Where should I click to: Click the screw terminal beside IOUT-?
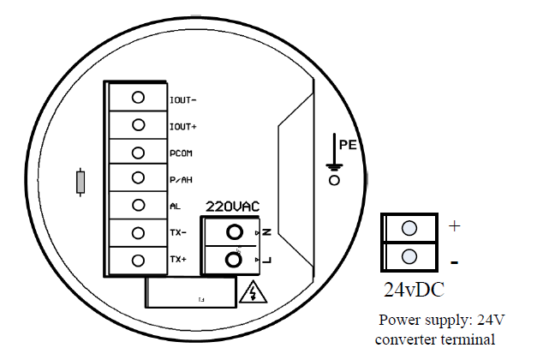click(x=137, y=98)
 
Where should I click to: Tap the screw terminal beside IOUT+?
click(x=137, y=125)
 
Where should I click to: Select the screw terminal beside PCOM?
click(x=137, y=152)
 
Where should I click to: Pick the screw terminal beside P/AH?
click(x=137, y=178)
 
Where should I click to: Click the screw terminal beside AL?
click(x=137, y=206)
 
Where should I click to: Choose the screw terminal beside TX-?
click(x=137, y=232)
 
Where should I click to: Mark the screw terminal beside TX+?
click(x=137, y=260)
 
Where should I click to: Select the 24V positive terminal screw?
click(x=409, y=228)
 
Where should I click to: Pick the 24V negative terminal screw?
click(x=409, y=255)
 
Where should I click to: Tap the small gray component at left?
click(x=81, y=182)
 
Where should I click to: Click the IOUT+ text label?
click(x=183, y=126)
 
